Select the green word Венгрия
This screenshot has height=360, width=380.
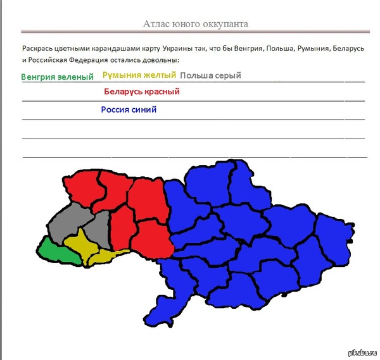40,77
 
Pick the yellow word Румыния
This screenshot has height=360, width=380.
122,75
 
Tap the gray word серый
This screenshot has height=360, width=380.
229,76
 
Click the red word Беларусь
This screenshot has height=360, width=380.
126,92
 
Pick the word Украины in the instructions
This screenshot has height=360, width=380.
178,49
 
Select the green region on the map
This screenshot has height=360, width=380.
54,254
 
